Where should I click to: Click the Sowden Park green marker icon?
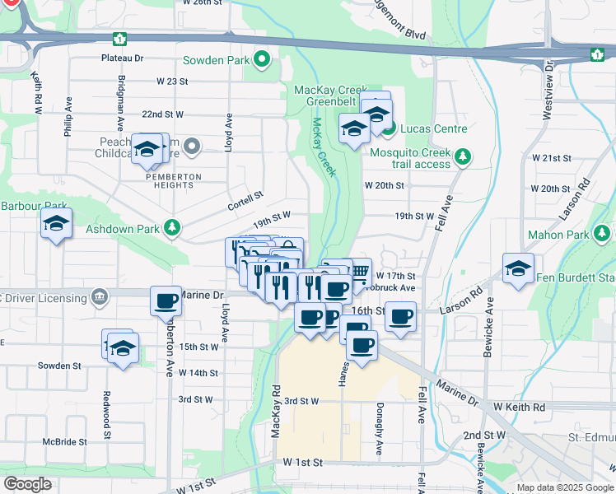(263, 59)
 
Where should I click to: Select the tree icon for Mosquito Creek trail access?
(464, 156)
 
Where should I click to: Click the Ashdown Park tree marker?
(172, 226)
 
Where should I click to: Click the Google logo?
(27, 484)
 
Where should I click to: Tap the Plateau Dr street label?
(122, 58)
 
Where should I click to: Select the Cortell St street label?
(246, 198)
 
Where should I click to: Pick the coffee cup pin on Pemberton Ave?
(166, 302)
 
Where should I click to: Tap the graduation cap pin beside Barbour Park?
(56, 224)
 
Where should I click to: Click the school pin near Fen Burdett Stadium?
(518, 269)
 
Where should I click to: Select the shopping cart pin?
(359, 272)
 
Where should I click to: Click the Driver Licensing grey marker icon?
(100, 295)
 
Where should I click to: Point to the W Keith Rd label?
(520, 408)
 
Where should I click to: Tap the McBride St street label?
(65, 442)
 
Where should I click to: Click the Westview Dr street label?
(548, 96)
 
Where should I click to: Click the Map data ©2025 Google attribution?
(564, 487)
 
